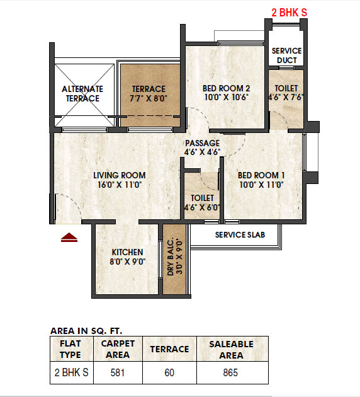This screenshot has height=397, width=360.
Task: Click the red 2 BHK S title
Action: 290,13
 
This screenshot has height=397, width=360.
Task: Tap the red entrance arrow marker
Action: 69,238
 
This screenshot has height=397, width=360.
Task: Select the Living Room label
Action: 120,180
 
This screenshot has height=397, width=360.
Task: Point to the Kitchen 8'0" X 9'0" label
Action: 127,256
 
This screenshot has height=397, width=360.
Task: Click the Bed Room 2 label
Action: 227,93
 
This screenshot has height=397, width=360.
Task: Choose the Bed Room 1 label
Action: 261,180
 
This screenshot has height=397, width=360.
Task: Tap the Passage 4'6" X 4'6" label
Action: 202,147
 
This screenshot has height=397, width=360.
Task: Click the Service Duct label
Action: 287,55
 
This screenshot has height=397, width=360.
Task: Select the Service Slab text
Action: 240,235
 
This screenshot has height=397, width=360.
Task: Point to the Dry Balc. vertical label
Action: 174,256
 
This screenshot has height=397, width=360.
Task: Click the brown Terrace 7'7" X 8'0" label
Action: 149,94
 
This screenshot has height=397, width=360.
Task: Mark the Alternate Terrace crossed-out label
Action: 82,94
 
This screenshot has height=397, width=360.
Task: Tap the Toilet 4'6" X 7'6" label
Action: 286,93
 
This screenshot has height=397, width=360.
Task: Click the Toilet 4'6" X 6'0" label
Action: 202,203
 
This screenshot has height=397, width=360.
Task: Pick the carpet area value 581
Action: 118,372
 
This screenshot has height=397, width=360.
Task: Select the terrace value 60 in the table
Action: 169,372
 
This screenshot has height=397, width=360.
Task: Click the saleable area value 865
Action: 230,372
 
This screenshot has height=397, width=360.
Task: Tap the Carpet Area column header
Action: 118,349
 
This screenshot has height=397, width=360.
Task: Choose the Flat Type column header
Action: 70,349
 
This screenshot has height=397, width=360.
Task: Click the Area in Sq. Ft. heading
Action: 86,331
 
